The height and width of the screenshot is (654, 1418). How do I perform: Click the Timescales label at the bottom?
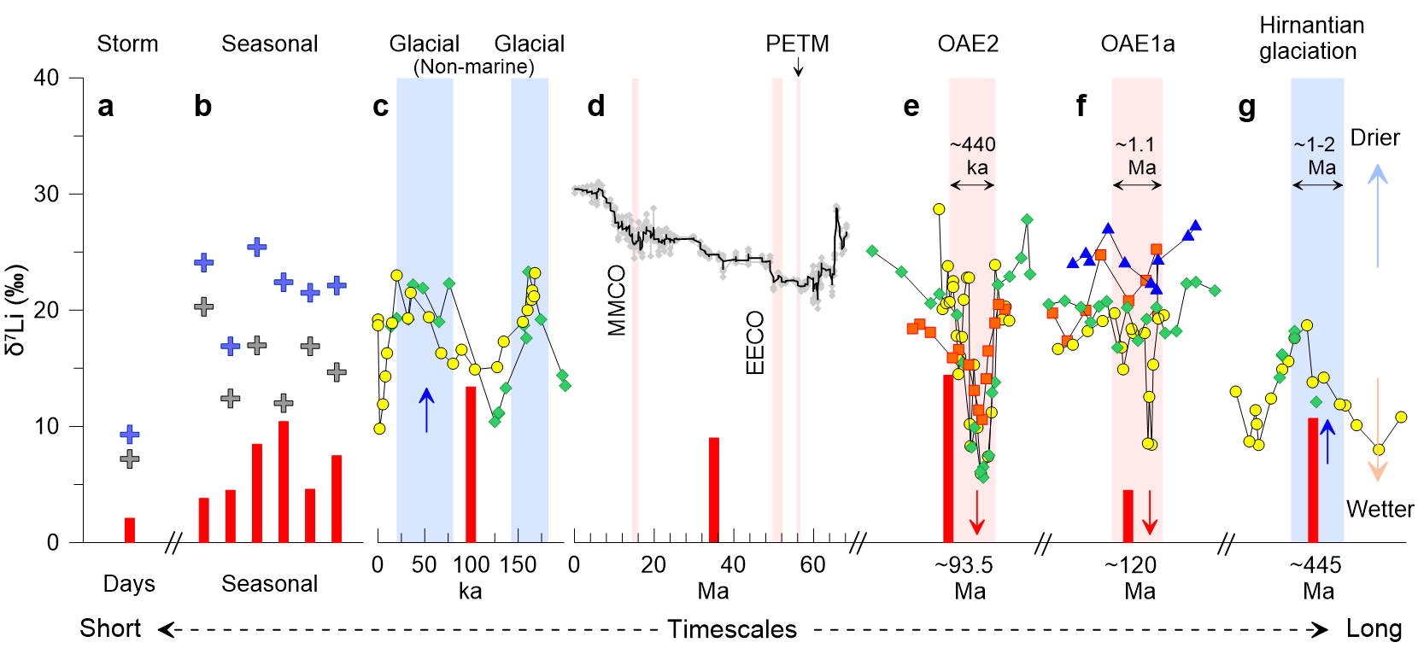click(x=732, y=629)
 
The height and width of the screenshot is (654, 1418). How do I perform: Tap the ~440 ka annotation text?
click(x=973, y=155)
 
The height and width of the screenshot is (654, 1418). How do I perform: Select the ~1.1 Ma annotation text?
click(x=1136, y=155)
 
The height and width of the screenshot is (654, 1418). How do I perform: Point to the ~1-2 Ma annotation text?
click(x=1316, y=155)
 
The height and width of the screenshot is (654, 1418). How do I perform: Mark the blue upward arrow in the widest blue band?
click(x=426, y=410)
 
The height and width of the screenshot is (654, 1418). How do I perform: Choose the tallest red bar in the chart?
click(x=948, y=458)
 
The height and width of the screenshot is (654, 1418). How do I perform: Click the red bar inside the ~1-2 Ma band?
click(x=1313, y=480)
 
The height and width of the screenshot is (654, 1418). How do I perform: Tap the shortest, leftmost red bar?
click(x=129, y=529)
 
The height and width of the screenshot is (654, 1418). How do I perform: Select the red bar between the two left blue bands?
click(x=471, y=464)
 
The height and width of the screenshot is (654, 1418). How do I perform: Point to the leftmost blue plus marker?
click(x=129, y=435)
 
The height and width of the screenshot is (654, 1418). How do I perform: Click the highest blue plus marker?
click(x=257, y=247)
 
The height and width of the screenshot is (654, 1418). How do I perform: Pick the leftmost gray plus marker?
click(x=129, y=459)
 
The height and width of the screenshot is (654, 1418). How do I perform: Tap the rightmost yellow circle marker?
click(x=1401, y=417)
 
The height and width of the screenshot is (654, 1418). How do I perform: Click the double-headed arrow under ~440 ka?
click(x=972, y=185)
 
